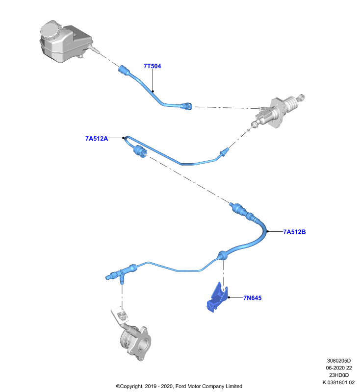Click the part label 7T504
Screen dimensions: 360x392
click(x=152, y=66)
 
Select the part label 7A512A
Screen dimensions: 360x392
click(x=97, y=139)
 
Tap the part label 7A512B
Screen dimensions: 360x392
click(x=294, y=232)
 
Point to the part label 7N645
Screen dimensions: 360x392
click(x=253, y=298)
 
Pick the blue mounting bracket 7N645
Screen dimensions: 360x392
click(x=217, y=297)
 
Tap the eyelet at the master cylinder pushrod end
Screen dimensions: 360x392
click(x=302, y=97)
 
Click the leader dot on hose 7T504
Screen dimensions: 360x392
click(x=153, y=91)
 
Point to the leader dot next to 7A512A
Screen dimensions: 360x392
click(x=123, y=138)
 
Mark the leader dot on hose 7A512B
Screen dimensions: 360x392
click(x=268, y=231)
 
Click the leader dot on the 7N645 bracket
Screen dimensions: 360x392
click(x=229, y=297)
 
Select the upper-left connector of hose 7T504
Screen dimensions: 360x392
click(x=124, y=70)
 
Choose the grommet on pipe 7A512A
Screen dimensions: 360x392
click(x=140, y=151)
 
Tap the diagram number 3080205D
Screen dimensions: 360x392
click(x=339, y=361)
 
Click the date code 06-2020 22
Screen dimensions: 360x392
click(x=339, y=368)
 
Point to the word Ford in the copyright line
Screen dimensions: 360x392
click(x=181, y=386)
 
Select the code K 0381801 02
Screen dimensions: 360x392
click(x=339, y=383)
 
